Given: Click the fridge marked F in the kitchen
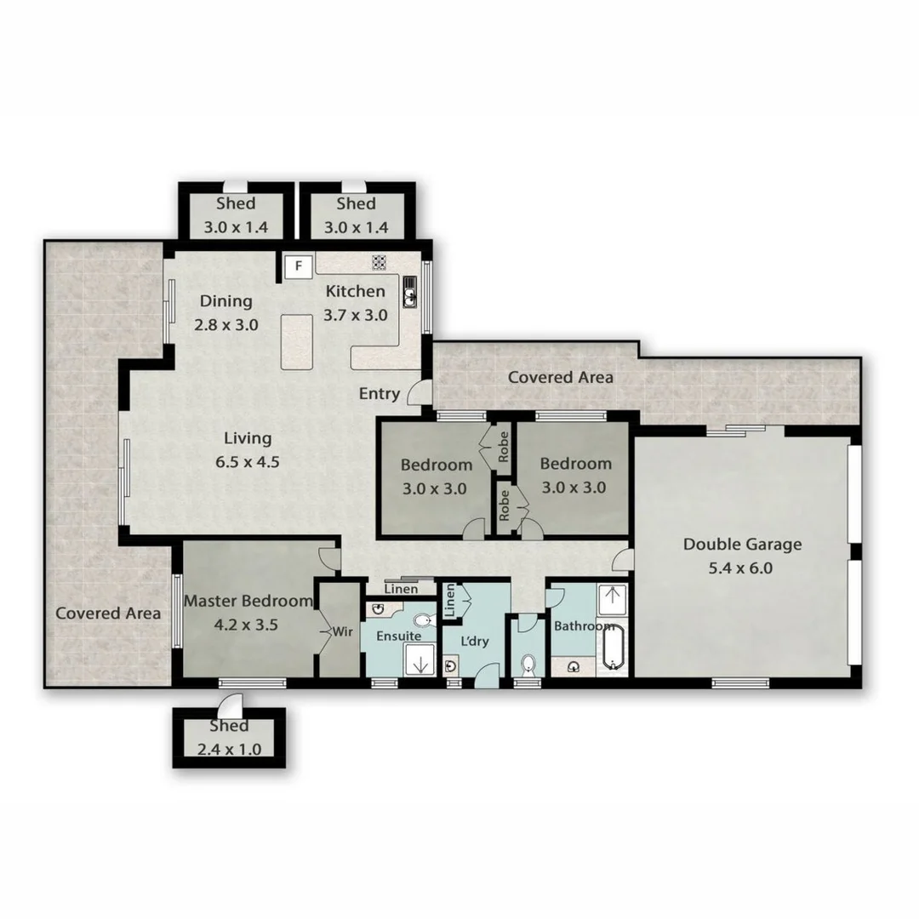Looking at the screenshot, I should [298, 265].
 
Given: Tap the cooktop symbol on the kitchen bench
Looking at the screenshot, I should [380, 263].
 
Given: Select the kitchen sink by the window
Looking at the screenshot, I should [409, 292].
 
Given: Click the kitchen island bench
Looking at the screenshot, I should [297, 340].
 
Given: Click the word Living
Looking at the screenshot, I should [248, 439].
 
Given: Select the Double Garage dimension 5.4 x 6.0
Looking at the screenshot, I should [740, 568].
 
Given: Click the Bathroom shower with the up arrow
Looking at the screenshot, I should [613, 598].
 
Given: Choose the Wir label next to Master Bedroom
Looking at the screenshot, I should [341, 632].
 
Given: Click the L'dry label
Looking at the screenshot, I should [474, 642].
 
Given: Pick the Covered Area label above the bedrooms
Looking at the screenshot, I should [560, 377].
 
